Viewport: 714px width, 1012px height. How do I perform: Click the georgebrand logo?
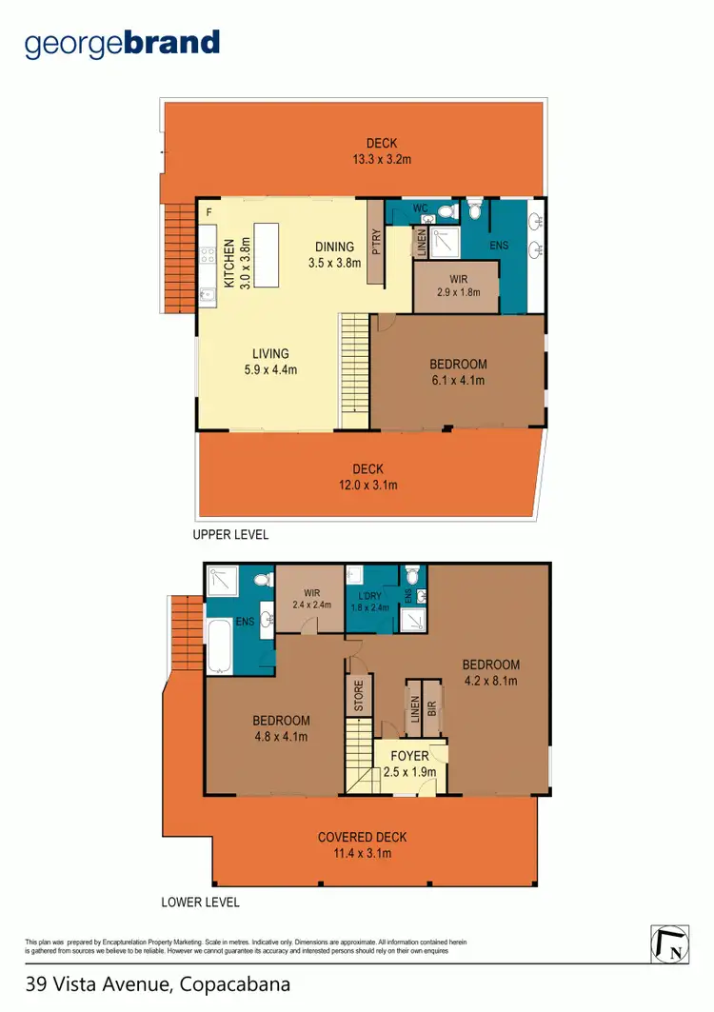click(123, 44)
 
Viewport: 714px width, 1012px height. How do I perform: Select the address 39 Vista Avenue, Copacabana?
click(158, 983)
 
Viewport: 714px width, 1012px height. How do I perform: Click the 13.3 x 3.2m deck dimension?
click(381, 159)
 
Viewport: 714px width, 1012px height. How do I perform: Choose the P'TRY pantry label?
click(375, 243)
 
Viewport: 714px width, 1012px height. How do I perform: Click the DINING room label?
click(334, 248)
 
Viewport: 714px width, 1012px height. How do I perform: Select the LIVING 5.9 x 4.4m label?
click(270, 361)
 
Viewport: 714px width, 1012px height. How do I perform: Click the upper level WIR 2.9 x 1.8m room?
click(456, 286)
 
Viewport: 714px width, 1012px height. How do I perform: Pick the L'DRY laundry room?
click(369, 600)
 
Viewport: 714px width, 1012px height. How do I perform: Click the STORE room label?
click(359, 696)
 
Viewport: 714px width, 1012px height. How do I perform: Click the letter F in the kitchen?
click(208, 211)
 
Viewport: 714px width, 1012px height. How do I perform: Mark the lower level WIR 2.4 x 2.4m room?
click(309, 598)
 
